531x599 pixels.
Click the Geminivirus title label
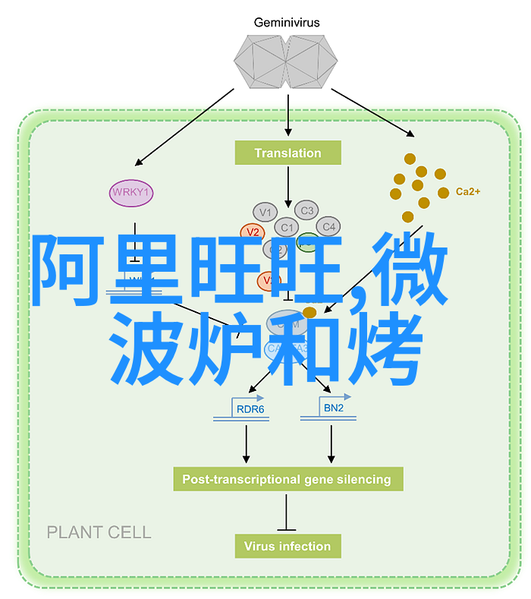tap(287, 23)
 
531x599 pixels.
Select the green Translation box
tap(287, 153)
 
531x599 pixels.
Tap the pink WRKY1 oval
tap(130, 193)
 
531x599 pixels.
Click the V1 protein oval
tap(265, 212)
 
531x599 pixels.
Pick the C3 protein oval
tap(306, 210)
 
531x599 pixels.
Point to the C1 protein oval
tap(286, 227)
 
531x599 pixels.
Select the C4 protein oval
tap(328, 226)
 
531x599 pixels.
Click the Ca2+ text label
tap(467, 192)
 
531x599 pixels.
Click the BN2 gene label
tap(334, 408)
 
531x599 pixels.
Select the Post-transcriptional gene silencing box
tap(287, 479)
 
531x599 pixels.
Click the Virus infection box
tap(287, 546)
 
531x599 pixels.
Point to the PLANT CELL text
tap(99, 532)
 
